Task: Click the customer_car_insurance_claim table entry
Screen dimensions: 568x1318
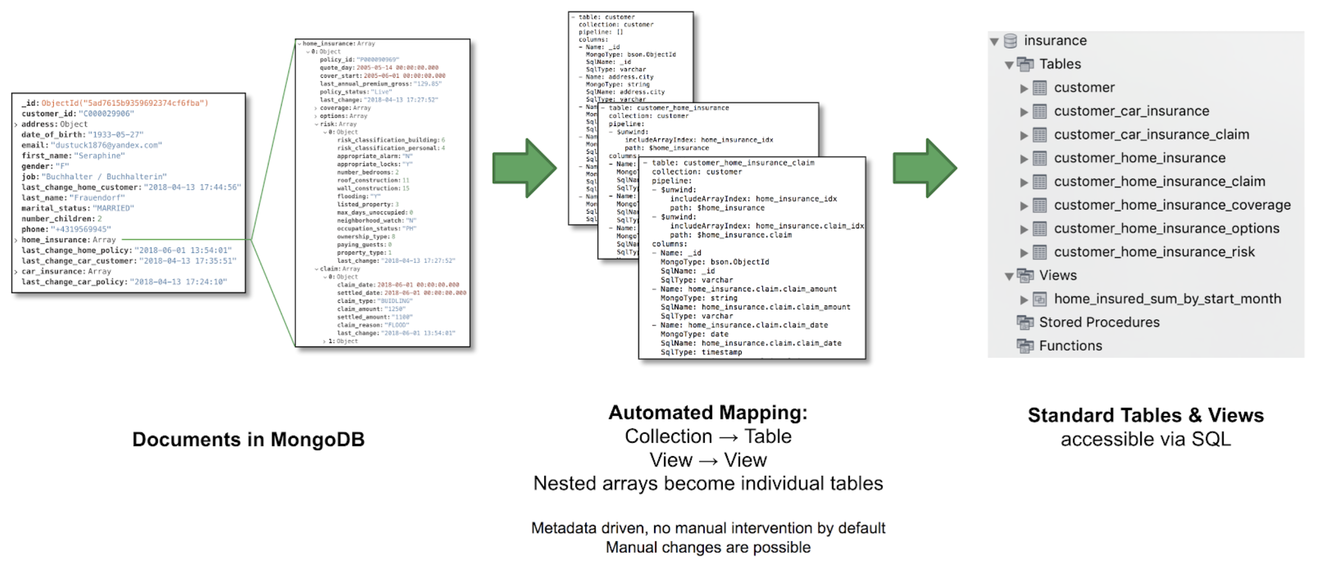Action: coord(1151,135)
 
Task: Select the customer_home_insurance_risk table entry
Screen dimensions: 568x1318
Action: coord(1154,253)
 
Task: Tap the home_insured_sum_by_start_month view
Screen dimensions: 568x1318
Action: coord(1167,299)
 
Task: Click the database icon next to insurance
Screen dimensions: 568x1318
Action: coord(1010,41)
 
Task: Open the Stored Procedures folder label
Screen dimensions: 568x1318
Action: coord(1099,322)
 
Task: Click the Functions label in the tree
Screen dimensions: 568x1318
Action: coord(1070,346)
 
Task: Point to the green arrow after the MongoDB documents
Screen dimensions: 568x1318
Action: coord(524,169)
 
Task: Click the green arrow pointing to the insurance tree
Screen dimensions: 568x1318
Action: coord(924,169)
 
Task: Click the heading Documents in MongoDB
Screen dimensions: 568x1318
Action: coord(248,439)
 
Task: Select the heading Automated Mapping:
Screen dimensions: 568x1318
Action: coord(707,413)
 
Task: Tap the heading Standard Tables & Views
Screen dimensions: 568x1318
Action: coord(1146,415)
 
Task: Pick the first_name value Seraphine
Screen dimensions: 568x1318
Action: coord(99,156)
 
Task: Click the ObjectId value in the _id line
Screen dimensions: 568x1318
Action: coord(125,103)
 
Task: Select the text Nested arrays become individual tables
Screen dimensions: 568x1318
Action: coord(708,483)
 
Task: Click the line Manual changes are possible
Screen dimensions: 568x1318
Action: coord(708,548)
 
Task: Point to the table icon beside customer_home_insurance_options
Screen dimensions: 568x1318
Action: coord(1039,229)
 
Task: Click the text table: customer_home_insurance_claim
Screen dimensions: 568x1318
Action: coord(733,163)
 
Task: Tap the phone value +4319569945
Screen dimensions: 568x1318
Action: coord(81,229)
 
